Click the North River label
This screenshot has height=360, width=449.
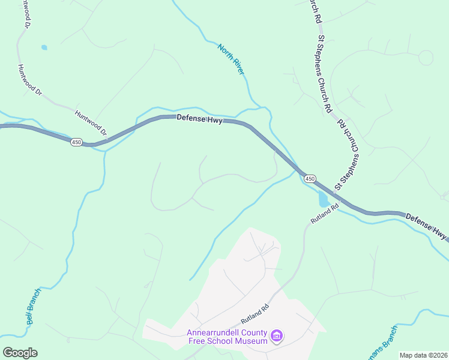coord(232,59)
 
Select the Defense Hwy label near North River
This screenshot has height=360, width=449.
coord(200,119)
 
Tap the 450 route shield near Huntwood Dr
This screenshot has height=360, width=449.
coord(76,142)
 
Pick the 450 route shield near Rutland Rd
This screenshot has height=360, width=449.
coord(309,179)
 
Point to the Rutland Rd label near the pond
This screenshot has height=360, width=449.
coord(325,214)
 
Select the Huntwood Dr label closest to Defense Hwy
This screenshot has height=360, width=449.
coord(90,122)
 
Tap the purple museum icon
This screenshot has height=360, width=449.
coord(276,337)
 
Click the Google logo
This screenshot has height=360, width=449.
coord(20,353)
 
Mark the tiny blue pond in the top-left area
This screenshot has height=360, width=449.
coord(43,47)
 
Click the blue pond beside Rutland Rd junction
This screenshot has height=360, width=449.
coord(324,199)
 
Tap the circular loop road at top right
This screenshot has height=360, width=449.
coord(426,58)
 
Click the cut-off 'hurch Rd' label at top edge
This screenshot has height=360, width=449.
coord(313,10)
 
